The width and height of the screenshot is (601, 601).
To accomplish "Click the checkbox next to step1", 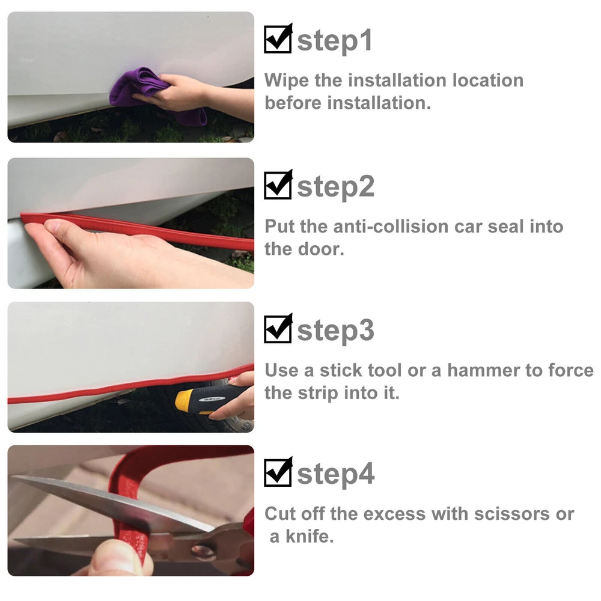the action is click(x=278, y=38).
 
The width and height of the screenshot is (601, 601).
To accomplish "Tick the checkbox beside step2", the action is click(x=278, y=185).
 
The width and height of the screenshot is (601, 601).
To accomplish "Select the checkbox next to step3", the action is click(x=278, y=329).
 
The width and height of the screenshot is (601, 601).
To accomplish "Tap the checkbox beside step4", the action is click(x=278, y=472).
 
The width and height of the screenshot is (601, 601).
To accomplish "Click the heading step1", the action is click(x=334, y=41).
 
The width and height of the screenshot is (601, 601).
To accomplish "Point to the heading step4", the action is click(x=336, y=475).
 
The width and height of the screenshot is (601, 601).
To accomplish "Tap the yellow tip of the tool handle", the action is click(x=182, y=400).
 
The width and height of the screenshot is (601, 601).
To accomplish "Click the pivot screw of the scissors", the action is click(x=203, y=551).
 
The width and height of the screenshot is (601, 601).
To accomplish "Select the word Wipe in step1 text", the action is click(x=286, y=81).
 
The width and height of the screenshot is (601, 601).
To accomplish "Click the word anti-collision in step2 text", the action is click(x=391, y=227).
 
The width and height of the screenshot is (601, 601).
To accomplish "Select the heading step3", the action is click(x=335, y=331).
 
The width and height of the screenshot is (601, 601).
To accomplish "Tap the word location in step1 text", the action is click(x=488, y=81).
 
